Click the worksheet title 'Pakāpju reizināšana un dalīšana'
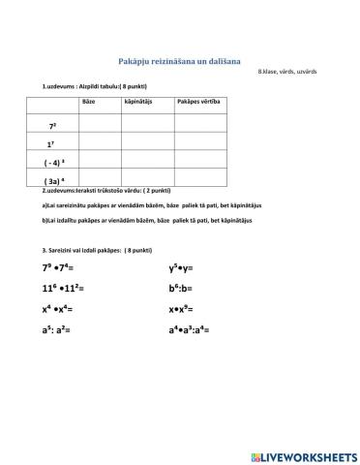[x=179, y=61]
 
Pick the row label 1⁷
[x=52, y=144]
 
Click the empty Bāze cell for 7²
[x=101, y=124]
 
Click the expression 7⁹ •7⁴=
[x=62, y=269]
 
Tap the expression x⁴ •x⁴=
[x=58, y=309]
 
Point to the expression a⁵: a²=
[x=57, y=329]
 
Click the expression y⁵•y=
[x=185, y=269]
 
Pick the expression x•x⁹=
[x=185, y=309]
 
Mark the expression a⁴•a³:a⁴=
[x=193, y=329]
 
